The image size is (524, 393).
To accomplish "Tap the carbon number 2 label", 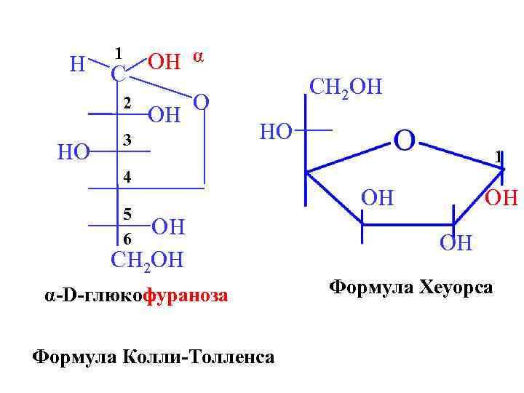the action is [127, 104].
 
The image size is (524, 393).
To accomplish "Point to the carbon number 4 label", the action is [127, 177].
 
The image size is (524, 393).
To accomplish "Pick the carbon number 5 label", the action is [127, 214].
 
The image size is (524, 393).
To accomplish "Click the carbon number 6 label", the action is [127, 239].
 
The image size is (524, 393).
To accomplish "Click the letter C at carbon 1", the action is [118, 74].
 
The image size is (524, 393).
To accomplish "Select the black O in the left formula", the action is [203, 103].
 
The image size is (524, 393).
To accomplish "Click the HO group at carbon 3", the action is [74, 151].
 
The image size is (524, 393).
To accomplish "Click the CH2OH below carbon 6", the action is [147, 260].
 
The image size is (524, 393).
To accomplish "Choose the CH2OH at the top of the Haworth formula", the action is [345, 87].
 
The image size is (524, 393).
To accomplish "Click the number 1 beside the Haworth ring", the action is [498, 157].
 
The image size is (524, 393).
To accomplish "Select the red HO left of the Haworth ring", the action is [276, 132].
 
